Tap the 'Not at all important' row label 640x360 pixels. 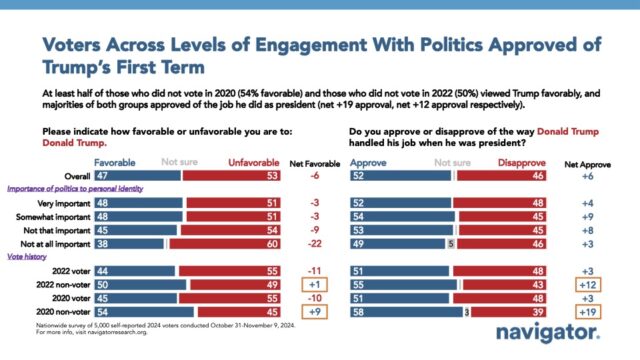click(48, 242)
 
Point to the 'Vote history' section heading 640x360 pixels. click(30, 257)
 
